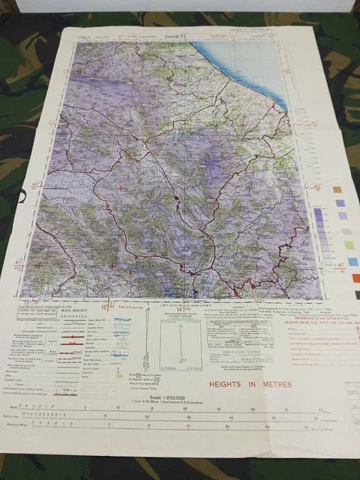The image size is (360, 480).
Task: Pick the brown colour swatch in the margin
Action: [337, 190]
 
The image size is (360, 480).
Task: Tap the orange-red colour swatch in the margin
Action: [354, 278]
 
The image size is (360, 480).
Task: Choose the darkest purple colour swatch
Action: [340, 202]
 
